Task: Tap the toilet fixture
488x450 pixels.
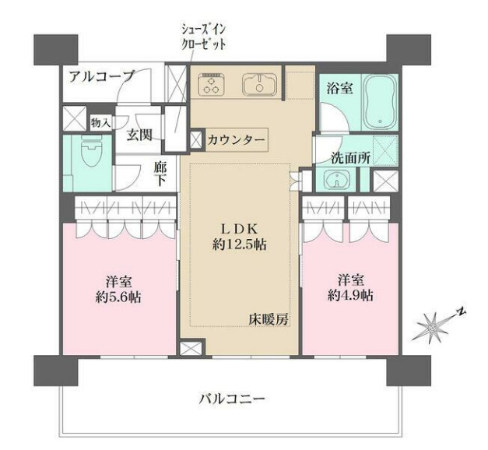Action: tap(86, 160)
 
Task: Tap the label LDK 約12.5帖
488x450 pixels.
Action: tap(240, 236)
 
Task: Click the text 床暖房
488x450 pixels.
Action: tap(268, 319)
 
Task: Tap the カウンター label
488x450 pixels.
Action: tap(237, 140)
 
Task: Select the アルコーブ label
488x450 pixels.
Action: tap(100, 76)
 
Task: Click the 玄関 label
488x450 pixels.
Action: tap(141, 134)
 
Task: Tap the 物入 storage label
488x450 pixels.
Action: tap(100, 122)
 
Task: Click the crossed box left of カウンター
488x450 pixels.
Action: tap(195, 140)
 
